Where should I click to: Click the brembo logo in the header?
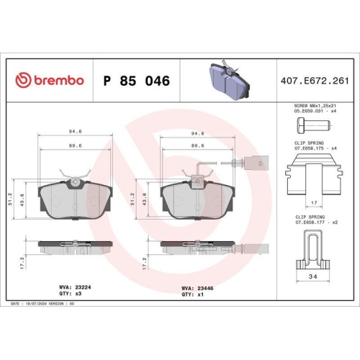coord(50,80)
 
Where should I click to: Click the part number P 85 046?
coord(137,81)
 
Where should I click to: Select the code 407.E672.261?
coord(315,81)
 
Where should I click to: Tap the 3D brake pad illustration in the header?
coord(230,80)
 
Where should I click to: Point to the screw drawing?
coord(314,125)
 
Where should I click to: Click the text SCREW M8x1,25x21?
coord(315,106)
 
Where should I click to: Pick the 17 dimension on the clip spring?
coord(314,203)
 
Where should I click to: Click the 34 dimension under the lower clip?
coord(313,276)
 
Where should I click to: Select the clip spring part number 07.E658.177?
coord(310,222)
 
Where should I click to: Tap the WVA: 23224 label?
coord(75,287)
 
